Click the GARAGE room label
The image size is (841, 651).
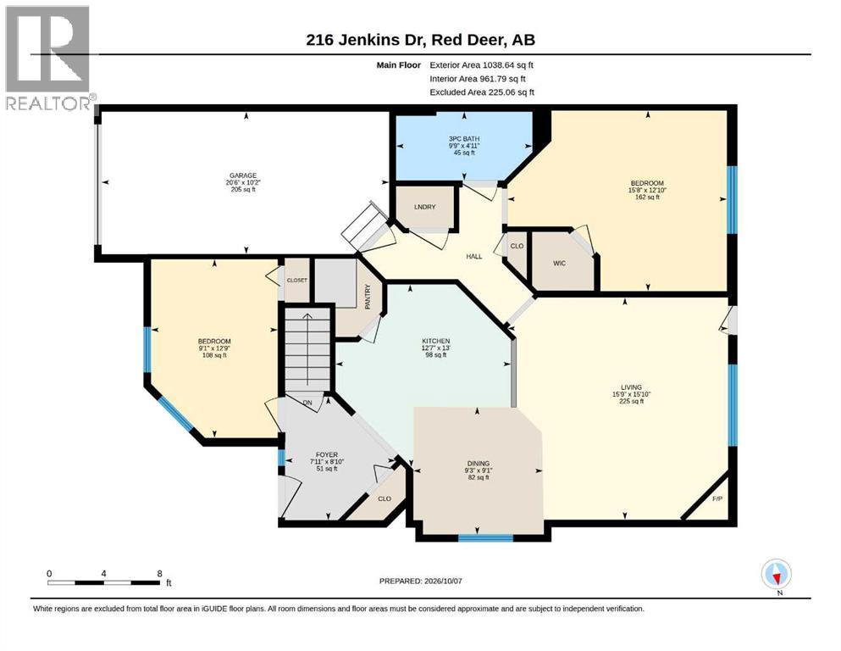tap(243, 175)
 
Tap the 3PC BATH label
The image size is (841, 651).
tap(464, 138)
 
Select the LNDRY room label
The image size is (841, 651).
tap(425, 207)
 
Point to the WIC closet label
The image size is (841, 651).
tap(560, 263)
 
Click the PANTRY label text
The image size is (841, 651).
tap(368, 296)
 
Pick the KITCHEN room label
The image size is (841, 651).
tap(436, 341)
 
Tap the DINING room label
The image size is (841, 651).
tap(478, 463)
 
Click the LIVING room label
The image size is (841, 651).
tap(631, 387)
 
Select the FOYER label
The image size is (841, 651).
tap(327, 454)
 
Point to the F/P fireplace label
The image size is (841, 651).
tap(717, 498)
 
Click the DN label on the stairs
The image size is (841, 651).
tap(307, 403)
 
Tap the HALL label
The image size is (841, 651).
tap(474, 257)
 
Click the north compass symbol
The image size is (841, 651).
tap(776, 574)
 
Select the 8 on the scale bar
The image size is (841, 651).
tap(159, 574)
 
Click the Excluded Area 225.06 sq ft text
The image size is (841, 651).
tap(482, 92)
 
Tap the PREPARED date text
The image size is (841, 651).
tap(420, 581)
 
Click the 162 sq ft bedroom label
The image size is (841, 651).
tap(647, 197)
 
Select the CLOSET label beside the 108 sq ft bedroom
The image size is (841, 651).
tap(297, 280)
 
